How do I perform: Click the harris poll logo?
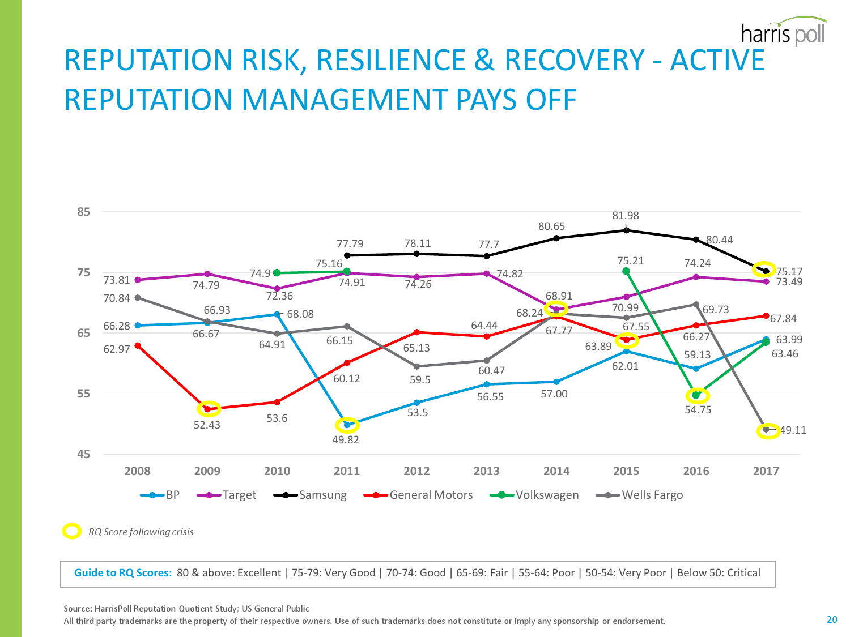783,33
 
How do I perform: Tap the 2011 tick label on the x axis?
347,471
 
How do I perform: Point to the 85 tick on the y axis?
84,212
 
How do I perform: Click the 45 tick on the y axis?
84,454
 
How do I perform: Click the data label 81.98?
626,216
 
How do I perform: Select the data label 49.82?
346,440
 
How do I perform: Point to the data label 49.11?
793,430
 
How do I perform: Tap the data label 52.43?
207,425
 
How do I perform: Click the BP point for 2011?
347,425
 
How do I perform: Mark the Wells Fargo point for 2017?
766,430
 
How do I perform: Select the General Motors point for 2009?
207,409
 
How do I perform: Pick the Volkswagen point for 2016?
696,395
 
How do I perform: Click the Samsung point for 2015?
626,230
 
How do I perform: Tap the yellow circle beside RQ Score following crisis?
72,531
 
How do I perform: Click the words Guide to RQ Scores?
123,573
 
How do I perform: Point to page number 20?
832,619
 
